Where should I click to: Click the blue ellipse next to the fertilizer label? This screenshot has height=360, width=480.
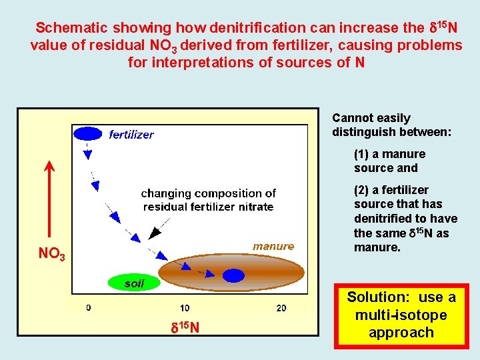[x=87, y=133]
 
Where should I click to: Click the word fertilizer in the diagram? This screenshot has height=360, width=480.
[x=131, y=135]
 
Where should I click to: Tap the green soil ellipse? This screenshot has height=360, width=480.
[x=134, y=283]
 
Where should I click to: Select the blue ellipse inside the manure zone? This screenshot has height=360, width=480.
[x=233, y=275]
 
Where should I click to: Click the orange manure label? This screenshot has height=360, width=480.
[x=273, y=247]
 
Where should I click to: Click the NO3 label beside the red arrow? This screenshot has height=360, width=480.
[x=51, y=255]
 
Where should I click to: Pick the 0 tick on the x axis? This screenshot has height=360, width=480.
[x=89, y=308]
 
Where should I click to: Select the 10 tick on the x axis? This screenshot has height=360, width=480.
[x=184, y=308]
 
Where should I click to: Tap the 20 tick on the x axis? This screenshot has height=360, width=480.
[x=281, y=308]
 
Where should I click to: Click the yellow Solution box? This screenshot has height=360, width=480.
[x=401, y=315]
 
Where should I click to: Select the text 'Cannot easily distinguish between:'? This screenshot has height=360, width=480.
[x=391, y=125]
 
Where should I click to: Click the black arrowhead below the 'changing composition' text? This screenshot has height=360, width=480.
[x=155, y=233]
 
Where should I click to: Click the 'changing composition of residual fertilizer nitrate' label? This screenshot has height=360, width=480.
[x=208, y=200]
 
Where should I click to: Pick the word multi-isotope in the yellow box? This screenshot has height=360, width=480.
[x=401, y=315]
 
